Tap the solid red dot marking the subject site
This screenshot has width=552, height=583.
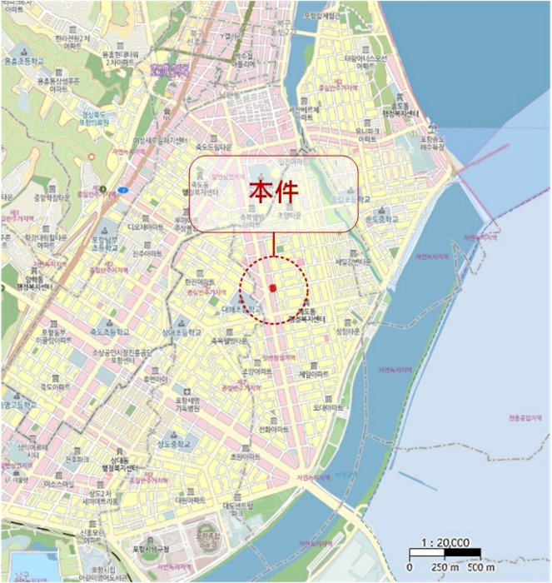pos(272,288)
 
